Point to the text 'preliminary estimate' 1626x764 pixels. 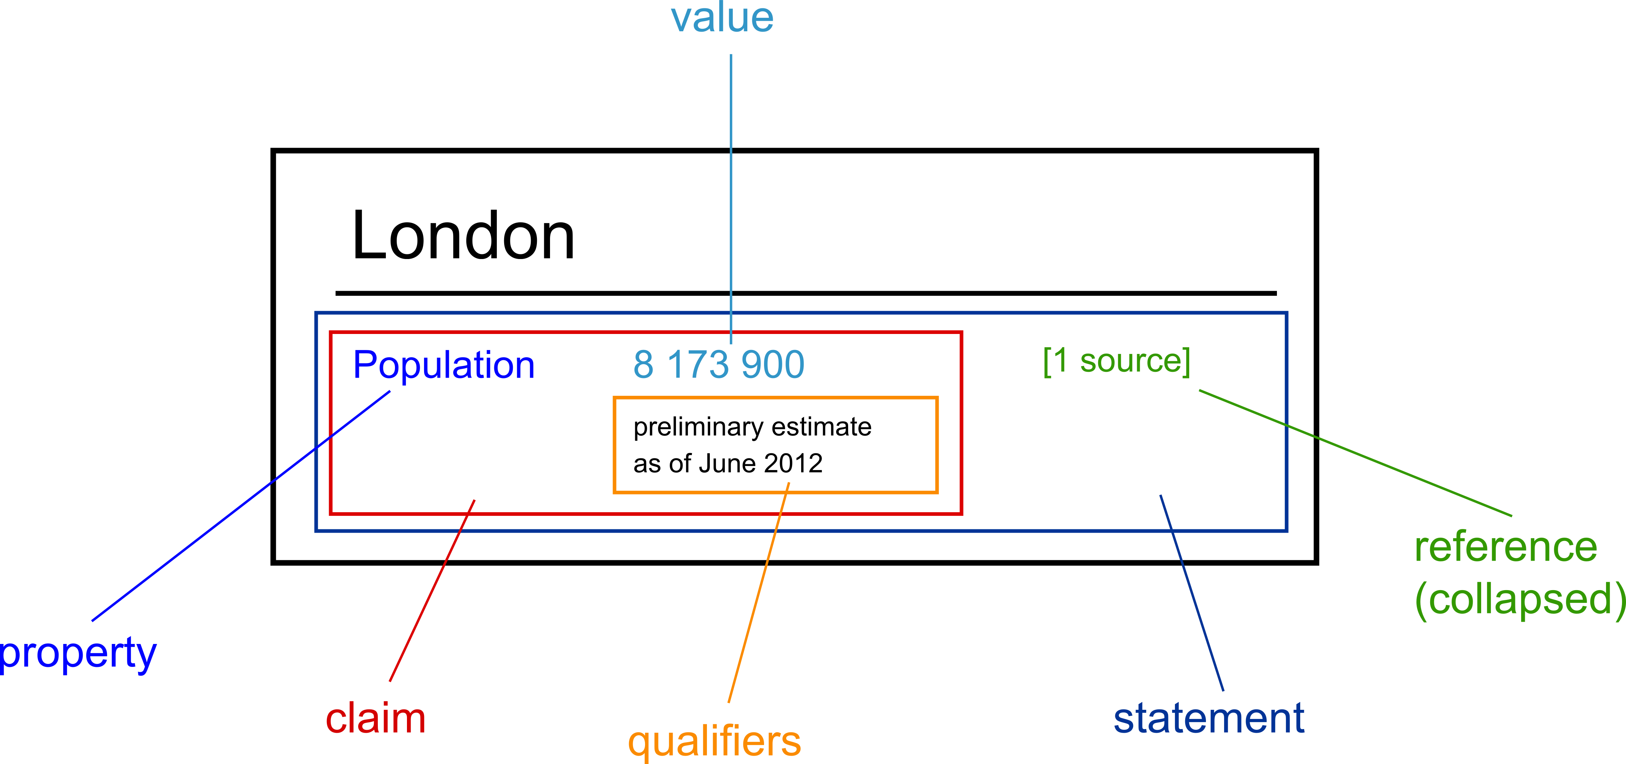pyautogui.click(x=752, y=427)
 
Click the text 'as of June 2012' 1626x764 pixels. pyautogui.click(x=727, y=464)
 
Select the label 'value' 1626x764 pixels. pyautogui.click(x=721, y=18)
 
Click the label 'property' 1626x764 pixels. pyautogui.click(x=77, y=654)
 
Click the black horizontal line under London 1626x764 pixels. pyautogui.click(x=806, y=293)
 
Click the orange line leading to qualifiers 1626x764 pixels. pyautogui.click(x=758, y=593)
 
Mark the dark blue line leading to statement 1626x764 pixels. pyautogui.click(x=1192, y=593)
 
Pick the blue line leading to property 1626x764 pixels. pyautogui.click(x=240, y=506)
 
